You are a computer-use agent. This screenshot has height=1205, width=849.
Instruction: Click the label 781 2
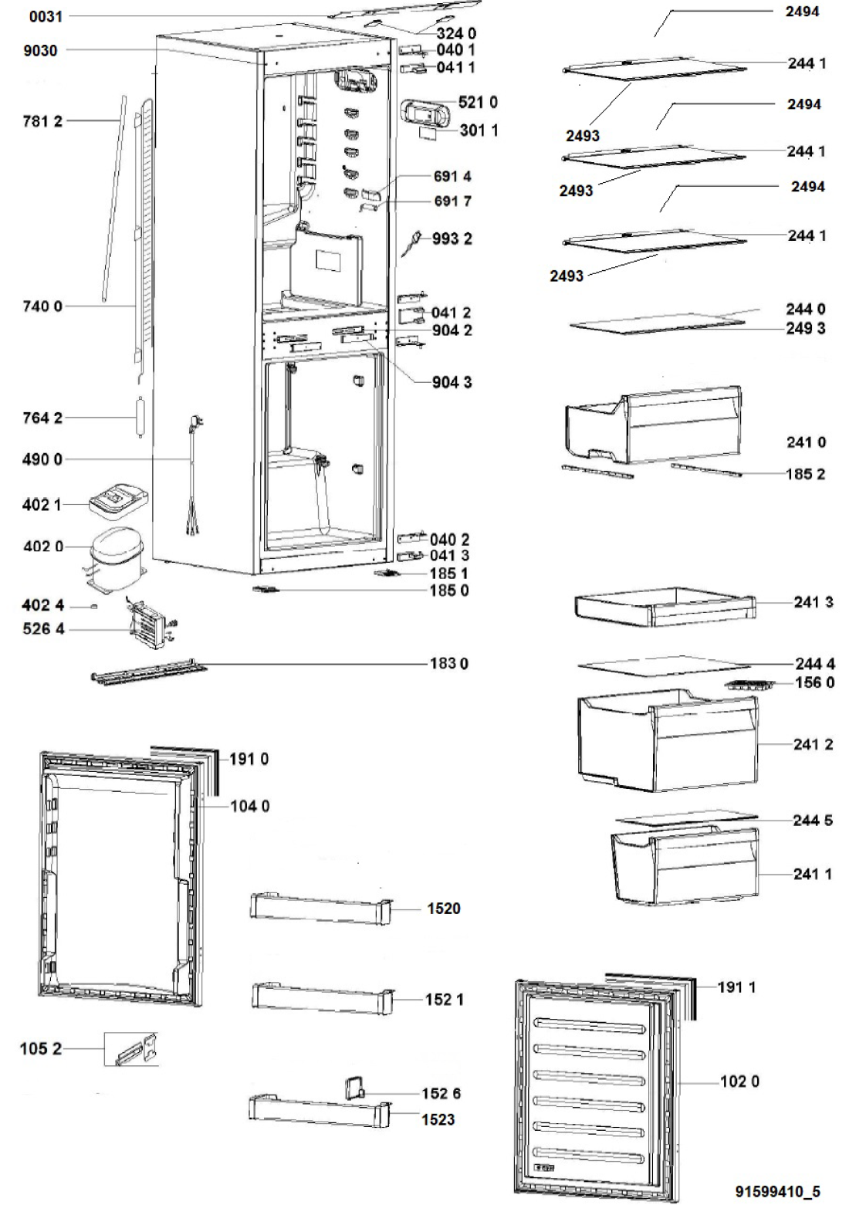(x=43, y=120)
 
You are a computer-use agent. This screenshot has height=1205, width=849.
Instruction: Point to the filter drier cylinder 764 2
(x=140, y=418)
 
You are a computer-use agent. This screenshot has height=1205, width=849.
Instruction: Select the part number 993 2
(x=452, y=239)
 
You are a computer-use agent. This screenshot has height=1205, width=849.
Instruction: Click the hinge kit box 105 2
(x=131, y=1049)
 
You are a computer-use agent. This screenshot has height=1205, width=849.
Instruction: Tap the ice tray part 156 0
(x=749, y=683)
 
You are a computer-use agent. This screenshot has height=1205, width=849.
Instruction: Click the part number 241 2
(x=813, y=745)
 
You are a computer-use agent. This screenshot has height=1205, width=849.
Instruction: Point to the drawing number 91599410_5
(x=778, y=1192)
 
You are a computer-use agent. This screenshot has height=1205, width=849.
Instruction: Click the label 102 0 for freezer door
(x=739, y=1081)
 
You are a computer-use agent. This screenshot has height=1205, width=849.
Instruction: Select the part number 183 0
(x=448, y=663)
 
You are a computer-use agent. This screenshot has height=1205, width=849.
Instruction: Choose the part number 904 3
(x=452, y=382)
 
